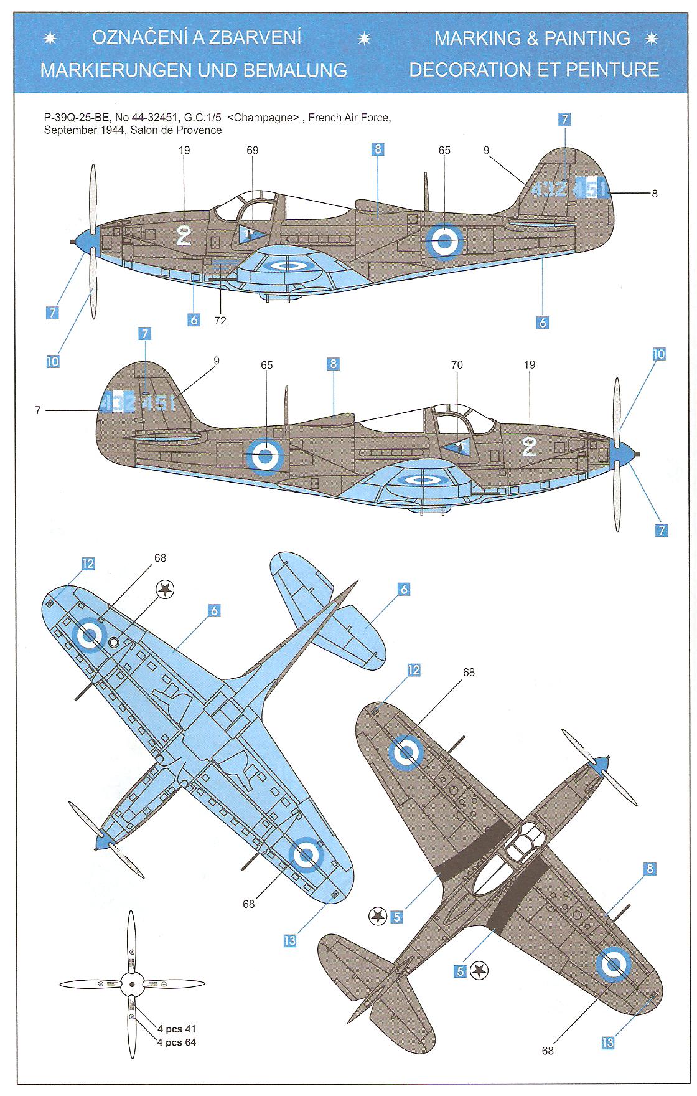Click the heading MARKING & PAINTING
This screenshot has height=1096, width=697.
click(532, 39)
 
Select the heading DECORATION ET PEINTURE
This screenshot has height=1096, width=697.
click(534, 69)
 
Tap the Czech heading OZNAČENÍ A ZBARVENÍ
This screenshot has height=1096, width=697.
click(197, 37)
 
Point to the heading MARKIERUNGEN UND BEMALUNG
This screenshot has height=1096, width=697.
click(194, 70)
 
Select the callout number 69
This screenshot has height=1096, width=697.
click(252, 151)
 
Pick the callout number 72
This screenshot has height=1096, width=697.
click(220, 321)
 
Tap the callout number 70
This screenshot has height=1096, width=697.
click(457, 365)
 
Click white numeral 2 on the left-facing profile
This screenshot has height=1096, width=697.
click(184, 236)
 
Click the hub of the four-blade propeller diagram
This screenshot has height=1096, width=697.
click(131, 984)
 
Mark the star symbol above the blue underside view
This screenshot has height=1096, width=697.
click(164, 588)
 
